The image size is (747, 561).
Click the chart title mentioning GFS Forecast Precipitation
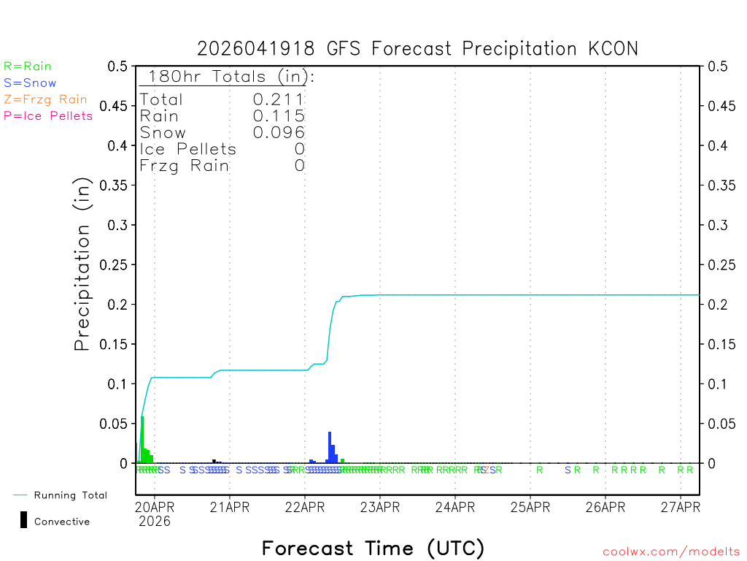(417, 49)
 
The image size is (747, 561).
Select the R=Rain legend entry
(28, 66)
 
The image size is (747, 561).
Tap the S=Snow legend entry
(30, 83)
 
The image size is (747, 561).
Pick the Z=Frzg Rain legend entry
(45, 99)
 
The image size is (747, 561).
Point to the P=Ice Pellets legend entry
(48, 115)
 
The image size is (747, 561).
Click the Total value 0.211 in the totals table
(279, 99)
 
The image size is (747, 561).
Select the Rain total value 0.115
(279, 115)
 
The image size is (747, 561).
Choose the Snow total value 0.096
(279, 132)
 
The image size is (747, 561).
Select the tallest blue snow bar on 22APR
(330, 447)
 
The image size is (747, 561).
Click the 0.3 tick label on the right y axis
(718, 225)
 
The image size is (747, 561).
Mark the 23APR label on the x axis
(379, 507)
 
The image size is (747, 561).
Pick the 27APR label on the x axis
(680, 507)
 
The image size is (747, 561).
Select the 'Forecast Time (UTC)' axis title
(373, 548)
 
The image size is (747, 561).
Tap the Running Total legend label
(70, 495)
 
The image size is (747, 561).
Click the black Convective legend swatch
(23, 520)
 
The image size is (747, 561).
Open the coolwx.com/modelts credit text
(671, 552)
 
